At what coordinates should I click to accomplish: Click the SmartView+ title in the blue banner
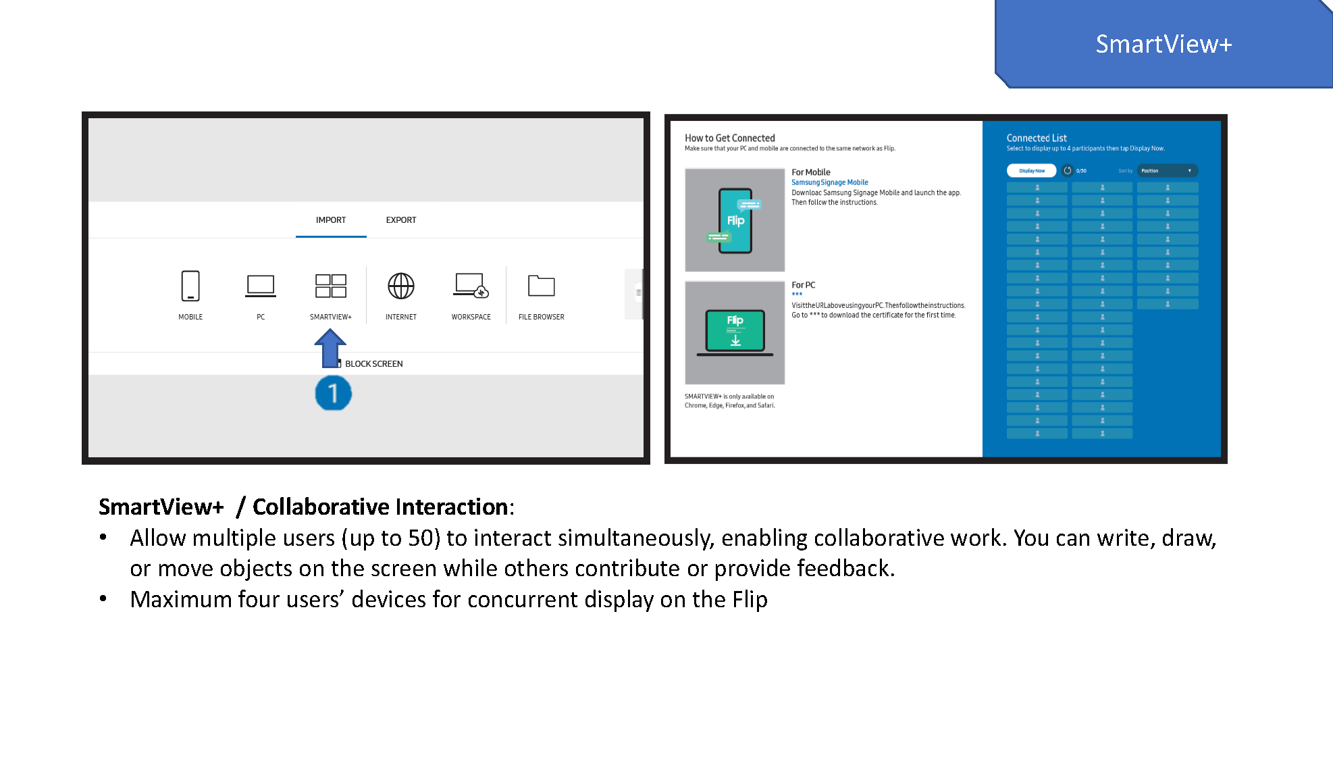(1164, 45)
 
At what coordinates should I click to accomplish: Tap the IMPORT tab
(331, 220)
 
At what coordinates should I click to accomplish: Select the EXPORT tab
(401, 220)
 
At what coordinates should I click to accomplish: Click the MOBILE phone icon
(190, 286)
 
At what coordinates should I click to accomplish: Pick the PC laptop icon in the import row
(261, 286)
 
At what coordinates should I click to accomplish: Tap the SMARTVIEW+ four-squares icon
(331, 286)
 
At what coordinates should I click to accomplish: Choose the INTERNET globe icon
(401, 286)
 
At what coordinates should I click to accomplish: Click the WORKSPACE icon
(471, 286)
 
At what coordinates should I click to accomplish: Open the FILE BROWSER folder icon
(541, 286)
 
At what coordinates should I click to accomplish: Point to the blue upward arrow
(330, 347)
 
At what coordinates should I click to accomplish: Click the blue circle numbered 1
(333, 394)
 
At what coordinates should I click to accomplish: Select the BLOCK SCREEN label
(373, 364)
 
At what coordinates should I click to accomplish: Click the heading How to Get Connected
(729, 138)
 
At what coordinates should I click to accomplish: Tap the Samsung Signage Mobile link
(829, 182)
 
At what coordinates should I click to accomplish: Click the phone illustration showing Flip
(735, 221)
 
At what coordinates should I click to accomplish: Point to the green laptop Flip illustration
(735, 332)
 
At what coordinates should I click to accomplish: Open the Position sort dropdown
(1167, 171)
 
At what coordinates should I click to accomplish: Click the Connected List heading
(1037, 138)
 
